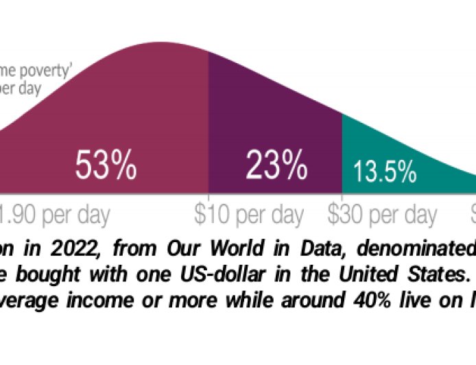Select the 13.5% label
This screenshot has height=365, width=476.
pyautogui.click(x=385, y=171)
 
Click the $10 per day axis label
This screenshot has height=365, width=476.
pyautogui.click(x=248, y=215)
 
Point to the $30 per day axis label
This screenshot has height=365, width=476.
pyautogui.click(x=382, y=215)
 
